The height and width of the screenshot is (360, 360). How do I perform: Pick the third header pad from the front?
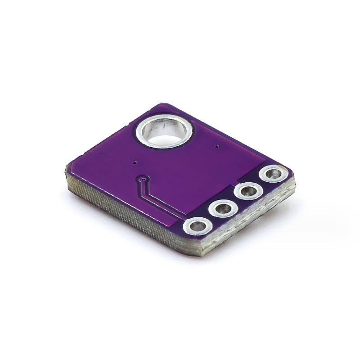click(x=248, y=192)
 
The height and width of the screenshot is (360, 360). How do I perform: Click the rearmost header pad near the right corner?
click(x=273, y=174)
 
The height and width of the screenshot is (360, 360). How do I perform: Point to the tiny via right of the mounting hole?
click(x=217, y=147)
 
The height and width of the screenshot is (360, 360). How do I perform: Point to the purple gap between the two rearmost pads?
click(x=261, y=183)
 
